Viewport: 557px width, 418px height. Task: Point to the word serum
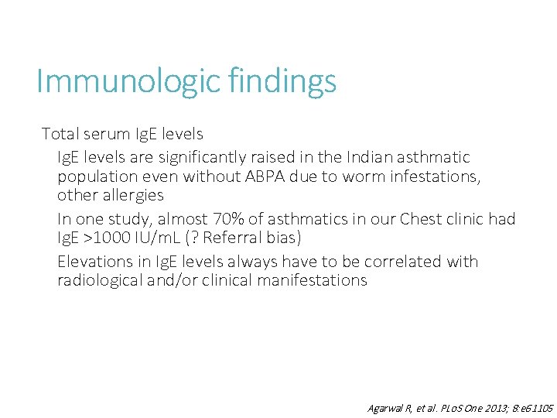tap(108, 134)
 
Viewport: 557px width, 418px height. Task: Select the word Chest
tap(424, 219)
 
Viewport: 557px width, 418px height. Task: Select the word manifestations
tap(309, 280)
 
